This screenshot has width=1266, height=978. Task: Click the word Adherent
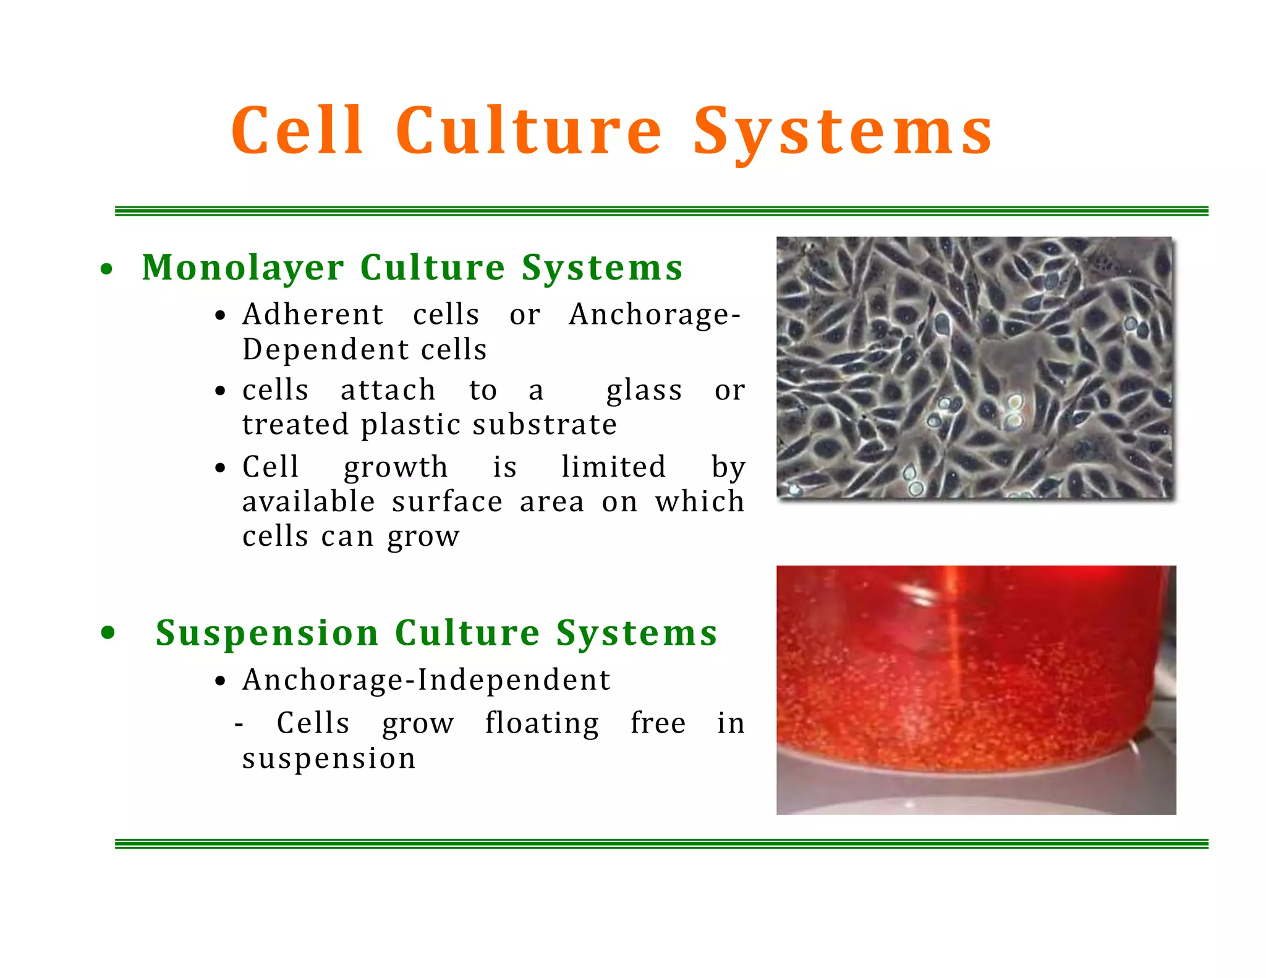tap(313, 314)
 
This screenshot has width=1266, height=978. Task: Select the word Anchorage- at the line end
tap(655, 315)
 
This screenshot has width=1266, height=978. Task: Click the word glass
tap(644, 391)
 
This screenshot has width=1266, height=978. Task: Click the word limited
tap(614, 467)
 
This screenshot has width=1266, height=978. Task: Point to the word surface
tap(447, 501)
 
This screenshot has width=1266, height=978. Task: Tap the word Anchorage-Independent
tap(427, 680)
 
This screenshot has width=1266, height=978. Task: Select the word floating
tap(542, 724)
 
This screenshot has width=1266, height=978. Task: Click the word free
tap(658, 723)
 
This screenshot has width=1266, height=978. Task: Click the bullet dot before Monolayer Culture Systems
tap(107, 270)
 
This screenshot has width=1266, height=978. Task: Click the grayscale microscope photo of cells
tap(974, 367)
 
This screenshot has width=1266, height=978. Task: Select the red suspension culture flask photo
tap(975, 689)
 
